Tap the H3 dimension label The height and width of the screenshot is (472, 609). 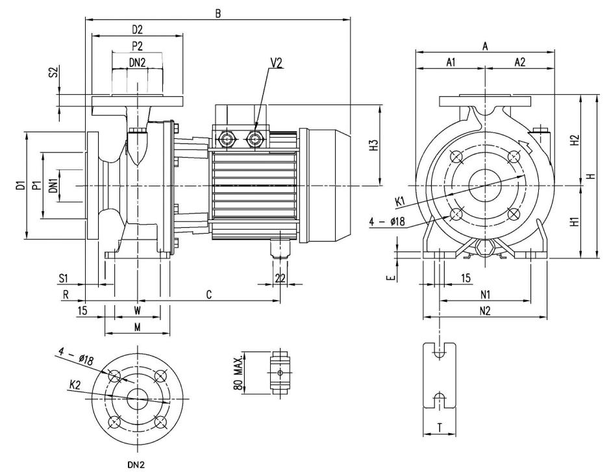click(373, 145)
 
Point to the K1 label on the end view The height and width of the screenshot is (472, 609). click(400, 202)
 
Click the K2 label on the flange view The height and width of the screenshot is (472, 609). click(75, 385)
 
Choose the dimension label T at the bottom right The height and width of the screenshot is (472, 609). click(440, 428)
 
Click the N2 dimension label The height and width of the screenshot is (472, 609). click(485, 310)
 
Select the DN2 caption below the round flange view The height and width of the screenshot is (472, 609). click(136, 465)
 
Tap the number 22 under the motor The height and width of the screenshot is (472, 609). click(280, 278)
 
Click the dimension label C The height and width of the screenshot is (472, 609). click(209, 295)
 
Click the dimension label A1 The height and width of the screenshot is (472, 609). click(451, 62)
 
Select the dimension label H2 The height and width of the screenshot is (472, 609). click(575, 140)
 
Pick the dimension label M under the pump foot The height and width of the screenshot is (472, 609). click(138, 327)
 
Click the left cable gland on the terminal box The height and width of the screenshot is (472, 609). click(226, 138)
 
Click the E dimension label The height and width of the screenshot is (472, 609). click(392, 277)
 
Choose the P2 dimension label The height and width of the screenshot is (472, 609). click(137, 46)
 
